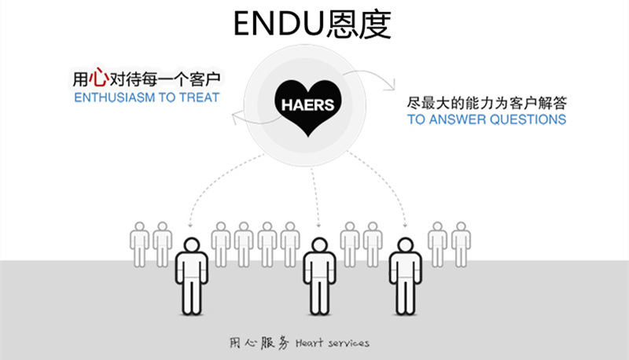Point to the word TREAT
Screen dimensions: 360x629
coord(201,98)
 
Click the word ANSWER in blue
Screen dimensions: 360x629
coord(456,120)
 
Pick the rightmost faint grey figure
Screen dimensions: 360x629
coord(461,244)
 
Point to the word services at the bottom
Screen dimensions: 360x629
coord(347,343)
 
